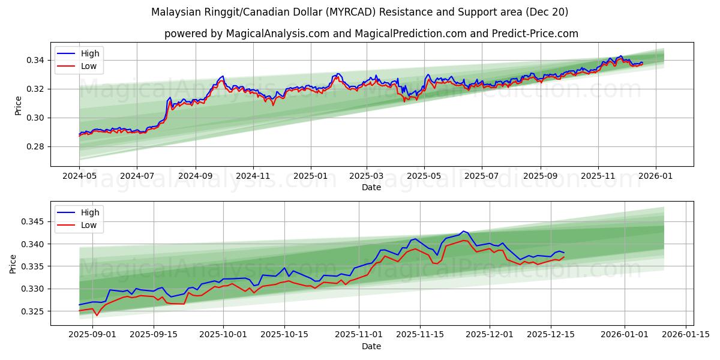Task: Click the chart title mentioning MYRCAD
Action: [359, 12]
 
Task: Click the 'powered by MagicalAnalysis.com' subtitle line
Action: [371, 34]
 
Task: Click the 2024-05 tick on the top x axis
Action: [79, 177]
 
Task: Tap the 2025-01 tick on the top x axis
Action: [311, 177]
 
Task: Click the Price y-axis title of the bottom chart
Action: [13, 263]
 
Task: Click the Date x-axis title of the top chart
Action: [371, 187]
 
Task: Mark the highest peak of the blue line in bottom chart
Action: [463, 231]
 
